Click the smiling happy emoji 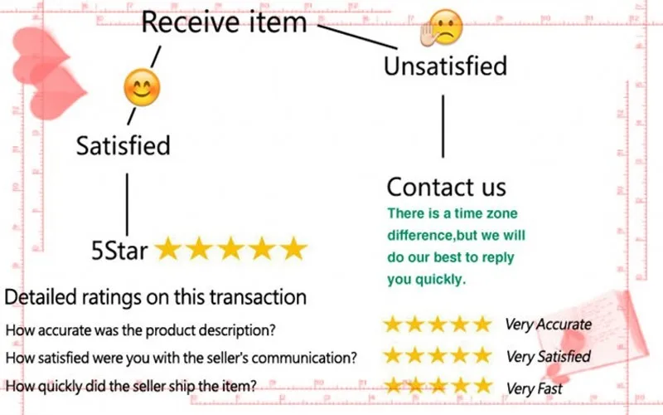point(141,87)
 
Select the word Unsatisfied point(445,66)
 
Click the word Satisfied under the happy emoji point(123,145)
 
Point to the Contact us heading point(446,185)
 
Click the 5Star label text point(120,249)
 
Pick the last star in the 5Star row point(293,248)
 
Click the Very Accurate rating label point(548,324)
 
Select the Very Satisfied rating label point(548,356)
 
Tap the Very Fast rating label point(534,388)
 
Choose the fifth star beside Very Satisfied point(481,356)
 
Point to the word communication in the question point(306,358)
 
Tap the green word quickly point(438,279)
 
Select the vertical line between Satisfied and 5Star point(126,203)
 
